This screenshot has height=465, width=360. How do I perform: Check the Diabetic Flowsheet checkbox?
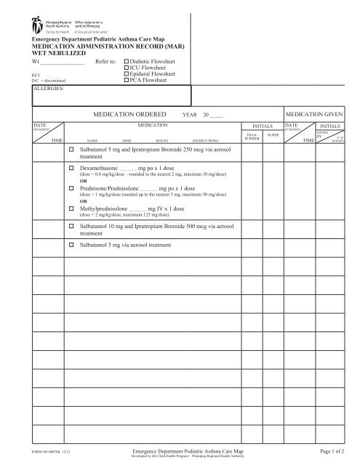point(127,62)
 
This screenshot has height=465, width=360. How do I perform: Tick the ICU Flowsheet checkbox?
point(127,68)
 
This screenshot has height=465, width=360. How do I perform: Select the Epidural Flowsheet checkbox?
point(127,75)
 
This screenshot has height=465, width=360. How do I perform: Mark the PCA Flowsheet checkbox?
point(127,81)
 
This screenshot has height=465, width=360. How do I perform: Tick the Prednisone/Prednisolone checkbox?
point(71,187)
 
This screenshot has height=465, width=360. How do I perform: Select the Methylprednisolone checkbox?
point(71,206)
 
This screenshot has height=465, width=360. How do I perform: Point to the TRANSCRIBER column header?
point(252,137)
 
